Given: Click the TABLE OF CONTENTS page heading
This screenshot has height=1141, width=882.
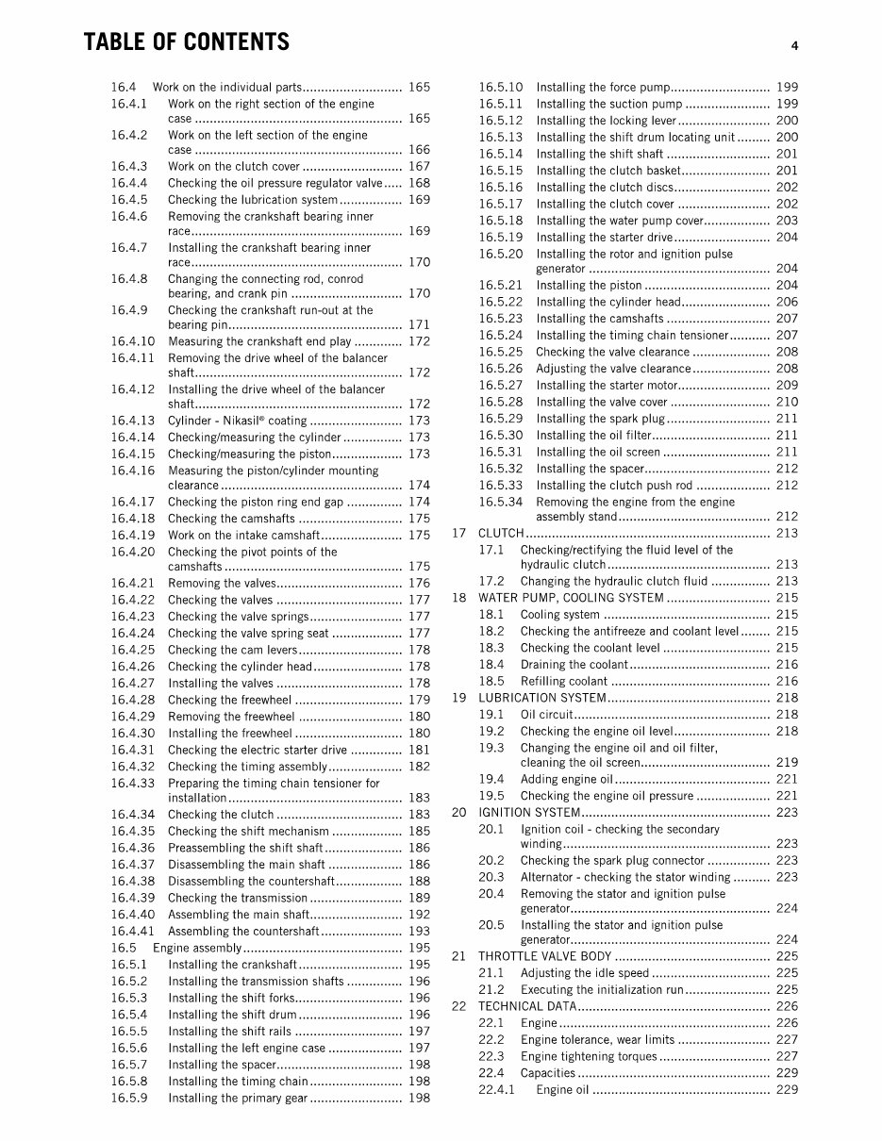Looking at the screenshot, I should [x=186, y=42].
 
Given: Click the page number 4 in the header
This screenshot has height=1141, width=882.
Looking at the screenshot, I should [x=795, y=45].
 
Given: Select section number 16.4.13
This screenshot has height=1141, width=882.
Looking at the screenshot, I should [x=132, y=421].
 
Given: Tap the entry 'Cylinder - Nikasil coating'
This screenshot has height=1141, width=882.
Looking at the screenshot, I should [x=237, y=421].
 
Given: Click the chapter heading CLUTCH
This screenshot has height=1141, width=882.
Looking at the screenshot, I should [x=501, y=533].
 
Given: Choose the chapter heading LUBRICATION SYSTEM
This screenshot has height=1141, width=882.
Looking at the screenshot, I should [x=541, y=698].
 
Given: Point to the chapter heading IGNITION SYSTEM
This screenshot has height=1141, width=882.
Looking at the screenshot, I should [x=529, y=812].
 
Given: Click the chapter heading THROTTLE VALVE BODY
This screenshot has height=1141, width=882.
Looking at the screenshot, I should [x=545, y=956].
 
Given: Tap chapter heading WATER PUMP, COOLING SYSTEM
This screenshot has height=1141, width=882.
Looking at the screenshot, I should [x=571, y=598].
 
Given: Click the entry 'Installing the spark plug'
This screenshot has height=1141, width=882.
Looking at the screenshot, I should [x=600, y=419].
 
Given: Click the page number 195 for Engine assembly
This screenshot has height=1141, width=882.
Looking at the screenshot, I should [x=419, y=948].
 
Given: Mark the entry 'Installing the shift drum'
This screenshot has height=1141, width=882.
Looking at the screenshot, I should [x=232, y=1015].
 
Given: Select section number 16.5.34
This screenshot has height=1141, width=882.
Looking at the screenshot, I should [x=500, y=502].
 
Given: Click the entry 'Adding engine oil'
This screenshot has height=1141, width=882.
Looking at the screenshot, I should [x=567, y=779].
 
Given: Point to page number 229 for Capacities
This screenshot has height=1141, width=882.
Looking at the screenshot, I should [x=786, y=1073].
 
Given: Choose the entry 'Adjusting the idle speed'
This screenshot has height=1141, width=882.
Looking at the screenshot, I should [x=585, y=973].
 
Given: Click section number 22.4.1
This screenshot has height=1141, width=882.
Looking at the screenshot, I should [x=496, y=1090].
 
